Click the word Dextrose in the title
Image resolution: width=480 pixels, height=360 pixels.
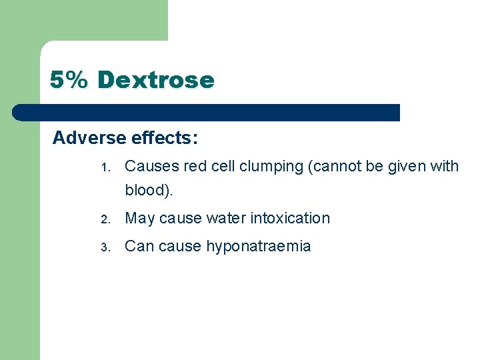click(155, 80)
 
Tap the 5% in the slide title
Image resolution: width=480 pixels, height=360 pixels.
click(69, 80)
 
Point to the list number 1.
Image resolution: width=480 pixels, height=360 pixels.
click(104, 167)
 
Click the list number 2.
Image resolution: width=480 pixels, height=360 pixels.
click(104, 219)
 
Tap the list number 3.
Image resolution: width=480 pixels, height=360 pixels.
click(104, 247)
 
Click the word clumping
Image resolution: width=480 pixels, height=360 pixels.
click(272, 166)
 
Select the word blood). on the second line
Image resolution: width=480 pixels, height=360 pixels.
click(149, 190)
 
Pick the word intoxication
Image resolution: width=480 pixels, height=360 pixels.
click(290, 218)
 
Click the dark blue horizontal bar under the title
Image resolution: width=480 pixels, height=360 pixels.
click(207, 112)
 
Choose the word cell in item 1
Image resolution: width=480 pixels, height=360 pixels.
click(223, 166)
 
